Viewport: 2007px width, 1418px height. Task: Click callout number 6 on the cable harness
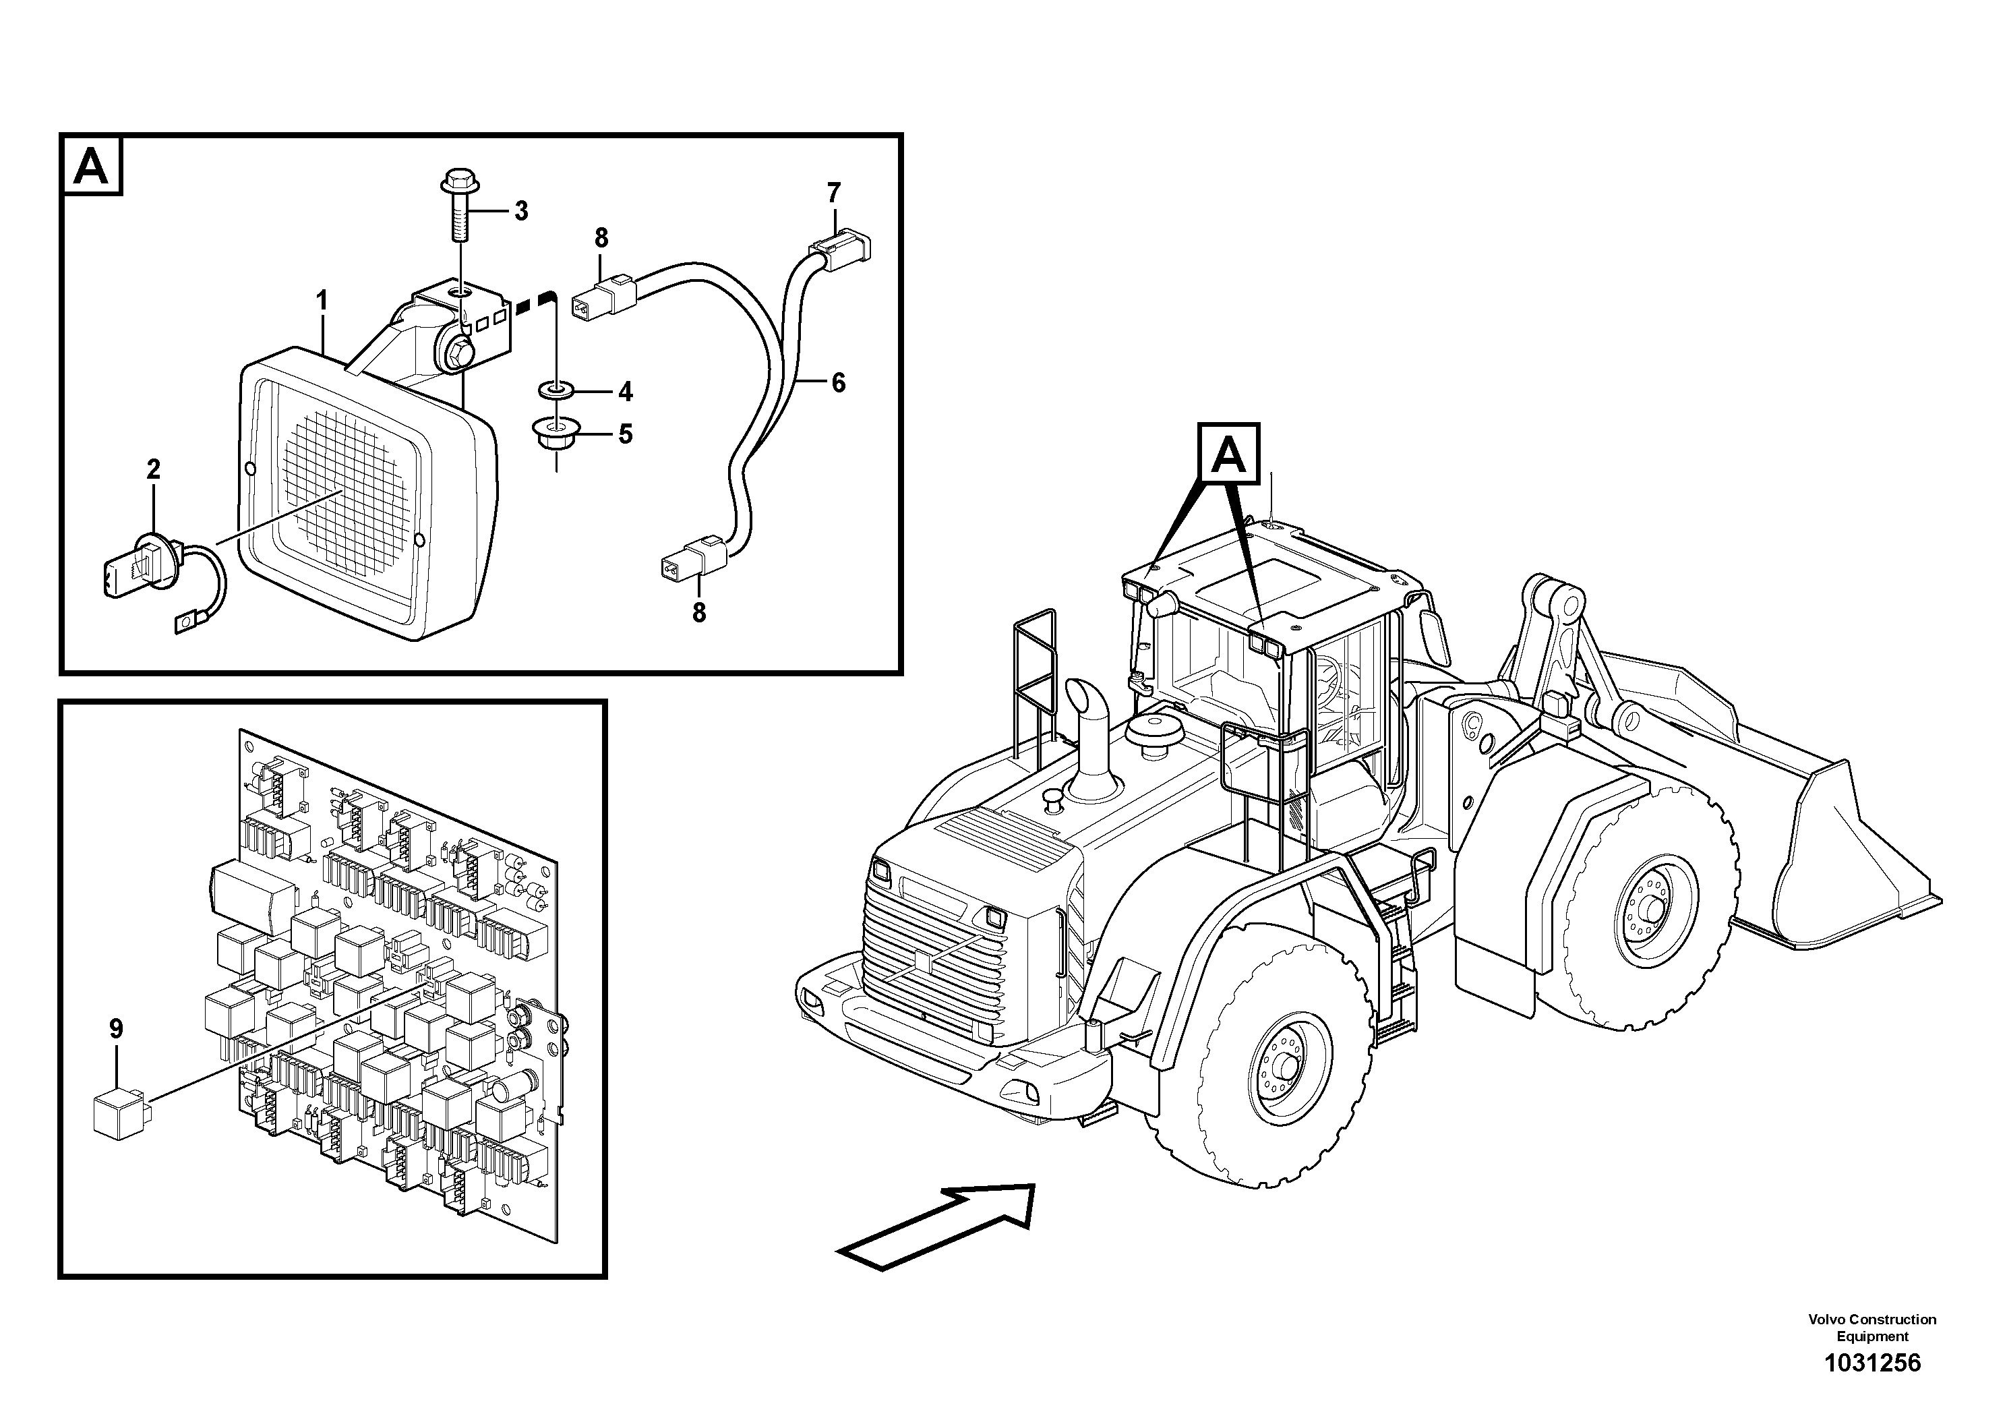pos(837,383)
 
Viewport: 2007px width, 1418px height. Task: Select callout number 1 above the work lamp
pos(322,301)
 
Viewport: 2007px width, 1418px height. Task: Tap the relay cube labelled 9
pos(121,1115)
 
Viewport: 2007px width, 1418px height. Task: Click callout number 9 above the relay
pos(116,1029)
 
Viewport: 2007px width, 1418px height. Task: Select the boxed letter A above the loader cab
pos(1229,454)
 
